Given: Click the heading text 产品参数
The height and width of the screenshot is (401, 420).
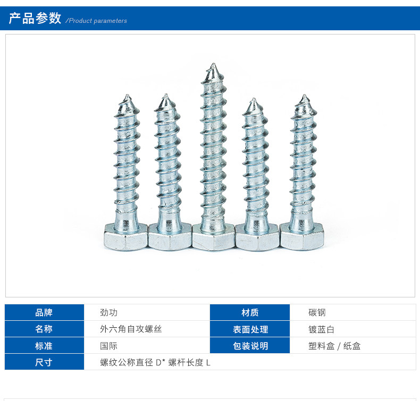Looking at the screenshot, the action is click(x=35, y=19).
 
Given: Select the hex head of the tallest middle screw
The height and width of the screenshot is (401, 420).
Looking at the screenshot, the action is click(x=213, y=237).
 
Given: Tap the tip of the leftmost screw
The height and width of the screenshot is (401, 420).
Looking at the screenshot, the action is click(x=127, y=98).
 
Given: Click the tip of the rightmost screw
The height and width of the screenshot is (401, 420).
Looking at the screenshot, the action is click(x=304, y=98).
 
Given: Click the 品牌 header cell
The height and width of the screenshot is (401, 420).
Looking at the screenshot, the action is click(x=44, y=312).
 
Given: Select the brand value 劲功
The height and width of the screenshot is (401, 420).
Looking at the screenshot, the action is click(x=109, y=312).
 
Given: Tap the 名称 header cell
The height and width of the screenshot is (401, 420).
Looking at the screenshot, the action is click(x=44, y=329).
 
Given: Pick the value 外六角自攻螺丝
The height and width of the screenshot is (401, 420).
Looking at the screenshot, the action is click(x=131, y=329).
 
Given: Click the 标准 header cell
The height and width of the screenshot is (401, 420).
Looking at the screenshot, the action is click(x=44, y=346).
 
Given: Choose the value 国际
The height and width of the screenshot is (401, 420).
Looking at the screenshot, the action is click(x=109, y=346).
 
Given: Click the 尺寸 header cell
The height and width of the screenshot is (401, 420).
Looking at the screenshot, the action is click(x=44, y=362).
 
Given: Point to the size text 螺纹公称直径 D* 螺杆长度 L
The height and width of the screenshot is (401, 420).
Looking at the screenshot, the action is click(x=156, y=362).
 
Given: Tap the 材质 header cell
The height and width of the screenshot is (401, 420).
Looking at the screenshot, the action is click(x=250, y=312).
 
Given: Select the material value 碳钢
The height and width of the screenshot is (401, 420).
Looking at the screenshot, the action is click(x=317, y=312).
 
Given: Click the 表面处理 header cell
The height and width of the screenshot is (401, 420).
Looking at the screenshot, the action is click(x=250, y=329).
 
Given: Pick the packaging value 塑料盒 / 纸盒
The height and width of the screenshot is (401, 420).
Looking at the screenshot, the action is click(x=334, y=346).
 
